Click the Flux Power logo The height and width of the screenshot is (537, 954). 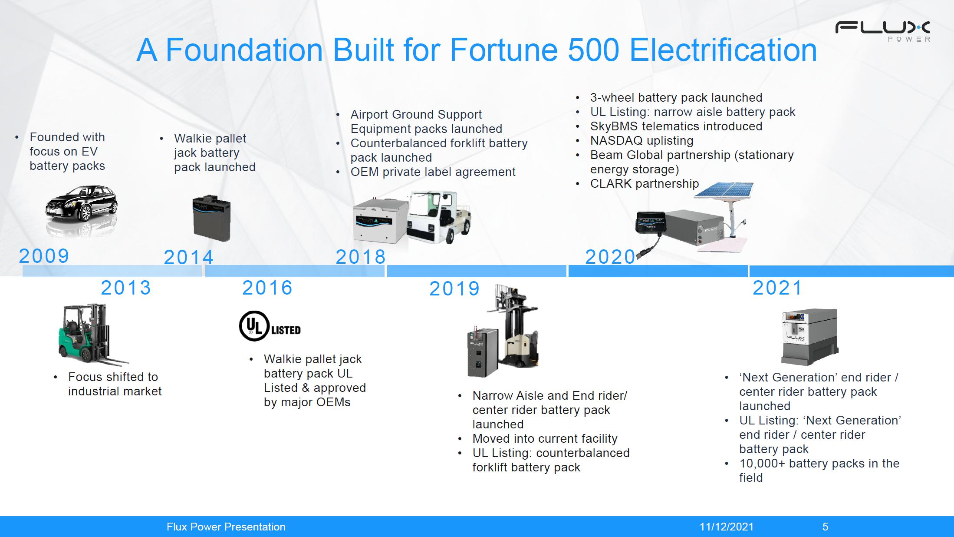click(x=883, y=31)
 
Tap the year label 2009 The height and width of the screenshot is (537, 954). click(x=44, y=256)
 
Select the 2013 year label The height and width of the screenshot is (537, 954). click(x=126, y=288)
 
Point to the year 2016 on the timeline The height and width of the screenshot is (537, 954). click(x=267, y=288)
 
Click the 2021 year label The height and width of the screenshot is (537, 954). click(x=777, y=288)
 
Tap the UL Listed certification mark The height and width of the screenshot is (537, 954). click(x=270, y=326)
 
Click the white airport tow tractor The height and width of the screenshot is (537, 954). click(x=439, y=216)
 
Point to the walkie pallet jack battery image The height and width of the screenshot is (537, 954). click(x=211, y=218)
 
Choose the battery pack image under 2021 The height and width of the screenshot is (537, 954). click(x=809, y=337)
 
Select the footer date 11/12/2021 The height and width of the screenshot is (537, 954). click(x=727, y=527)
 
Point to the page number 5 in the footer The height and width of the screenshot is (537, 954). click(x=825, y=527)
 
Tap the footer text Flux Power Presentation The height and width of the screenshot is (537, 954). click(x=226, y=527)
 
